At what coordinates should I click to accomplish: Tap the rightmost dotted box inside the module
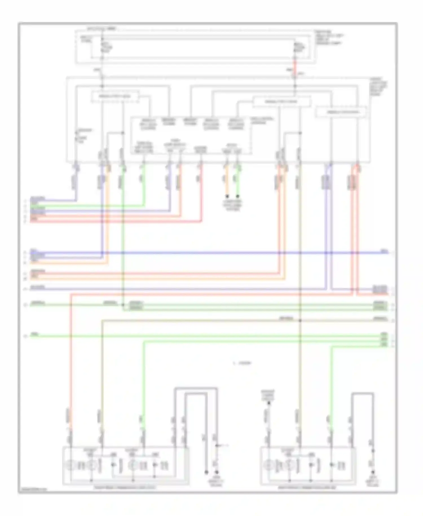click(x=341, y=112)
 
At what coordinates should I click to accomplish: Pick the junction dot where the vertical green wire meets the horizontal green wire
click(x=123, y=305)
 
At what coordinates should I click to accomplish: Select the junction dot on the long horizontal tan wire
click(x=300, y=321)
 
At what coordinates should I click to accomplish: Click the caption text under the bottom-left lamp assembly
click(x=125, y=487)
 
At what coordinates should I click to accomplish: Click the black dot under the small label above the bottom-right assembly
click(x=269, y=403)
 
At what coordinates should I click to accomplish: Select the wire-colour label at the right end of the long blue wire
click(x=384, y=251)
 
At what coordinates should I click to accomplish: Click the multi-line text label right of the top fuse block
click(x=329, y=38)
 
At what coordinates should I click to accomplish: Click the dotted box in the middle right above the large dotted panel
click(x=281, y=102)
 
